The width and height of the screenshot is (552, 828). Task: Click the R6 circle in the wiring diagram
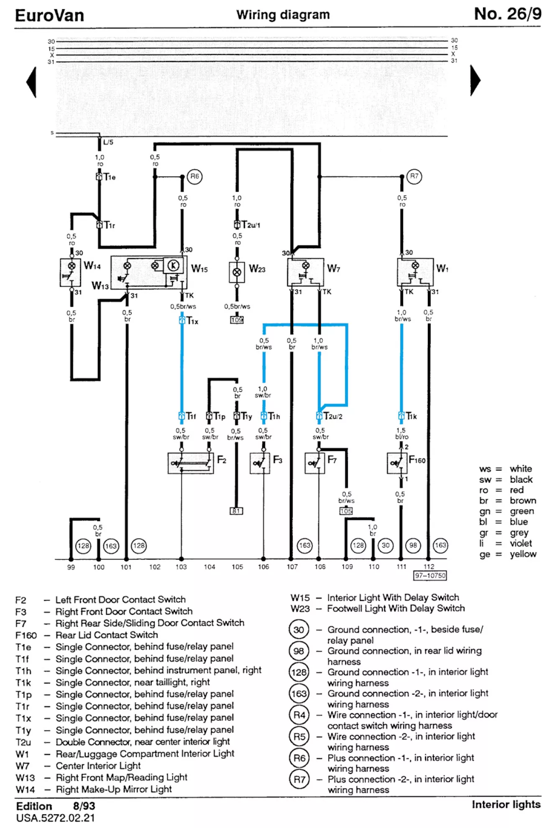(194, 176)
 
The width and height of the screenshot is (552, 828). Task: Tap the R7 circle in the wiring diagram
(414, 176)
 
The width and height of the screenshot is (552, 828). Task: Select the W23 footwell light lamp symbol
(237, 272)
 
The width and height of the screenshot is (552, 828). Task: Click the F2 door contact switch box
(191, 463)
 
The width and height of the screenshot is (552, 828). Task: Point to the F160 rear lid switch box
(397, 463)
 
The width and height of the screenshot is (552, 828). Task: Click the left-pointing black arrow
(32, 82)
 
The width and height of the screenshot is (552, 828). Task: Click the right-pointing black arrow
(475, 80)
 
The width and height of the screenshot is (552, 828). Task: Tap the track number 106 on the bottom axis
(263, 567)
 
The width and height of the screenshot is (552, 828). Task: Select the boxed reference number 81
(236, 511)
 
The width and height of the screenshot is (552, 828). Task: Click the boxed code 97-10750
(430, 576)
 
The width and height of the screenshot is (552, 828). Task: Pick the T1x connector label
(192, 321)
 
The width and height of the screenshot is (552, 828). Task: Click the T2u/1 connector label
(251, 225)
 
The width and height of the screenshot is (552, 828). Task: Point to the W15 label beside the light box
(199, 269)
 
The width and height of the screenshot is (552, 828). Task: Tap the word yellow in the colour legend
(523, 554)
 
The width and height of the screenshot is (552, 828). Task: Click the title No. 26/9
(507, 14)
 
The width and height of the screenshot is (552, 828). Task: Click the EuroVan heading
(50, 16)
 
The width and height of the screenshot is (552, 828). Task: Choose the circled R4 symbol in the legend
(299, 715)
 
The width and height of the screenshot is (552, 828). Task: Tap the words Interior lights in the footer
(506, 805)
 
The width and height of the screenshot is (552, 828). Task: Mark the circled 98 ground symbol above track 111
(413, 545)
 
